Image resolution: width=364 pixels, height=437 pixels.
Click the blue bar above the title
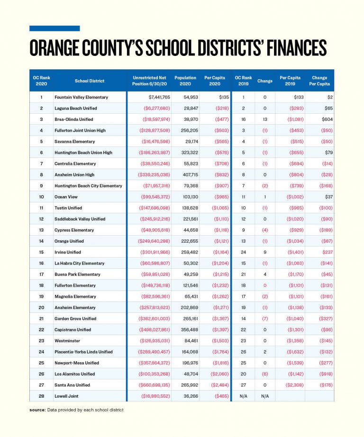pyautogui.click(x=55, y=28)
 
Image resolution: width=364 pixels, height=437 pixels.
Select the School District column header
pyautogui.click(x=89, y=81)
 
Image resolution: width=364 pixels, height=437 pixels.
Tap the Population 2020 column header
pyautogui.click(x=185, y=81)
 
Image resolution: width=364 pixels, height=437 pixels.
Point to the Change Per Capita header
pyautogui.click(x=319, y=81)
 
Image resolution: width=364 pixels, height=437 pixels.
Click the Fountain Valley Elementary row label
pyautogui.click(x=81, y=97)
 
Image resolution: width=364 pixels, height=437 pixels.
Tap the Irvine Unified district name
pyautogui.click(x=68, y=252)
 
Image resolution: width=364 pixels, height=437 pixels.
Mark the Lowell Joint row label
pyautogui.click(x=66, y=396)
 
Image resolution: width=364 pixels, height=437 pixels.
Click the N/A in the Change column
pyautogui.click(x=264, y=396)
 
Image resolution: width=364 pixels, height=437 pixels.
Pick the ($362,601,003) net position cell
pyautogui.click(x=154, y=319)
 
